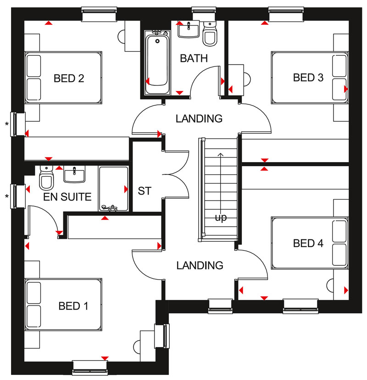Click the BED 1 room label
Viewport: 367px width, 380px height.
click(x=73, y=306)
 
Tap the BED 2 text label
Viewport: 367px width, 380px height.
click(x=68, y=78)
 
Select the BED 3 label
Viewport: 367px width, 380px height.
click(x=308, y=77)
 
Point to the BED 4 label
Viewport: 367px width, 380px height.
click(x=308, y=243)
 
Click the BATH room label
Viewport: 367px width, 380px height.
click(x=194, y=59)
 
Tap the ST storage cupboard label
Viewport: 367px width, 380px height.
click(x=145, y=191)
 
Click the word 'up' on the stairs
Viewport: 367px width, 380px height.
click(x=221, y=217)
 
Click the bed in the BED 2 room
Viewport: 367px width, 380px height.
click(x=63, y=76)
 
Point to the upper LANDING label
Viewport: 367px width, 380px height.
click(x=199, y=119)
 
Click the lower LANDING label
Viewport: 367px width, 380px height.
click(x=200, y=265)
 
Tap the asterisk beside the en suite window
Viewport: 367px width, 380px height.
click(x=7, y=197)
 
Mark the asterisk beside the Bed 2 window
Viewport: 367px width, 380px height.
click(x=7, y=124)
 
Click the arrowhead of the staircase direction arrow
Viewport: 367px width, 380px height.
click(x=221, y=155)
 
